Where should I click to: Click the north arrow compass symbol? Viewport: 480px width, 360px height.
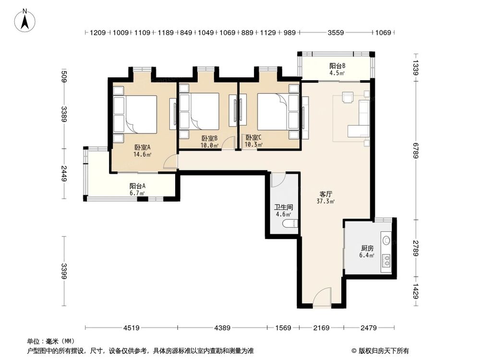[25, 20]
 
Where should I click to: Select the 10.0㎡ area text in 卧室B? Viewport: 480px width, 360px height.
[209, 145]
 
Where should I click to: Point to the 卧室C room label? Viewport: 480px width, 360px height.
[253, 138]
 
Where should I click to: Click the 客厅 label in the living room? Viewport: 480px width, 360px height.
[326, 194]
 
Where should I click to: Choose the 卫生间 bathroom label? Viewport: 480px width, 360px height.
[284, 207]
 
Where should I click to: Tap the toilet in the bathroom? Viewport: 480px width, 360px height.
[290, 224]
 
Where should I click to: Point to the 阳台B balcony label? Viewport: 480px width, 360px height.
[337, 66]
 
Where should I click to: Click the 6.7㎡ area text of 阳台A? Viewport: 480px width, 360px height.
[137, 193]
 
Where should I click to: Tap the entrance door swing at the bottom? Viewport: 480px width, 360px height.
[322, 297]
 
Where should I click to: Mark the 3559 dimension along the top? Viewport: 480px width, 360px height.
[336, 33]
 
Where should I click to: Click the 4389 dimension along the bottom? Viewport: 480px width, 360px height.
[222, 328]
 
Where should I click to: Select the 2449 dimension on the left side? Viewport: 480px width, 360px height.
[64, 174]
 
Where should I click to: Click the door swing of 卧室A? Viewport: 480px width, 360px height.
[170, 161]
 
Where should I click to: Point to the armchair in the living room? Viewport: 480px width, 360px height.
[348, 97]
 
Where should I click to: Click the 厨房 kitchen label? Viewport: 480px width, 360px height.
[367, 248]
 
